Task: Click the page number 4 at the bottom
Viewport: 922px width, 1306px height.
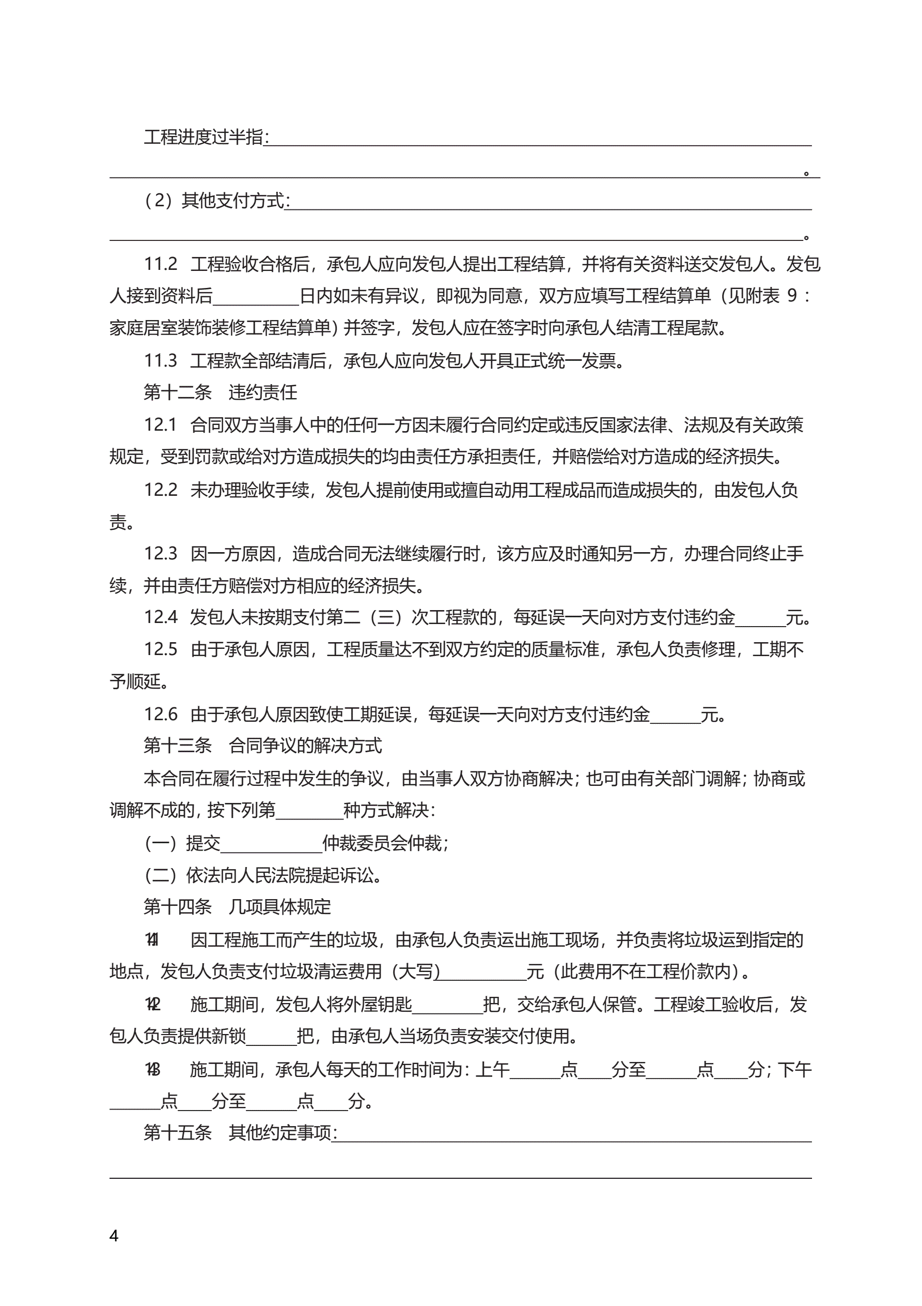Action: click(114, 1236)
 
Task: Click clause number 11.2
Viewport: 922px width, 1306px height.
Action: click(160, 264)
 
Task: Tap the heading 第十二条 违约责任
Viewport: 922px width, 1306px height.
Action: click(220, 392)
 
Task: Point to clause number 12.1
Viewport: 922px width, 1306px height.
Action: click(160, 425)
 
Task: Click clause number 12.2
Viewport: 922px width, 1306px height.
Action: click(160, 490)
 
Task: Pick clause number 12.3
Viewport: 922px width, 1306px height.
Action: click(160, 553)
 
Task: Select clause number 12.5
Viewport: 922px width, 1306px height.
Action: click(160, 649)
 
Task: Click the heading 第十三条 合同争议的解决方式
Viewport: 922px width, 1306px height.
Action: click(262, 746)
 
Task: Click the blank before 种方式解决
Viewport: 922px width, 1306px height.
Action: click(309, 811)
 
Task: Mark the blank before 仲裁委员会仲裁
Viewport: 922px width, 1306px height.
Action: click(271, 844)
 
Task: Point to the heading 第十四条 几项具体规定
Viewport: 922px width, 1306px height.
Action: click(237, 907)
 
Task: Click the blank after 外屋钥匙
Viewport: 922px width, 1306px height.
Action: click(447, 1005)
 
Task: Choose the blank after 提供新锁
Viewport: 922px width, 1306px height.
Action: click(271, 1037)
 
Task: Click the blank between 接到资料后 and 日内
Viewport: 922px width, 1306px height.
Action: click(256, 296)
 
